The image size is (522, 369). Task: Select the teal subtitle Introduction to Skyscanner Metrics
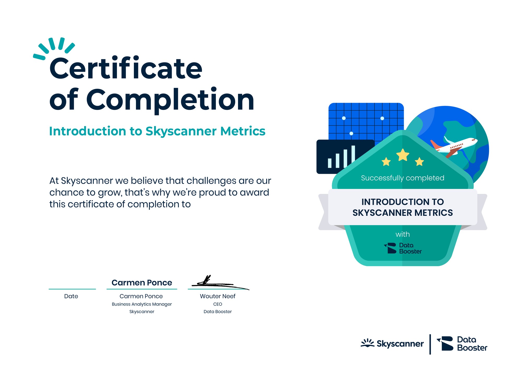[157, 131]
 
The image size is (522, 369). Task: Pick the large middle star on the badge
[403, 155]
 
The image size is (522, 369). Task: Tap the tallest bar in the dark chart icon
[353, 156]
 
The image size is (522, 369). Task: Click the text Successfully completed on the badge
[402, 178]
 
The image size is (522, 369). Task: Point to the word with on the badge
[402, 234]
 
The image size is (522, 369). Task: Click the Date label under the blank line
[71, 296]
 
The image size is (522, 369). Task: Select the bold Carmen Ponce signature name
[142, 283]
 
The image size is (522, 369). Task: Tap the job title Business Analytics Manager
[142, 304]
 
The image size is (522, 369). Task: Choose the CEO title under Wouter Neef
[218, 304]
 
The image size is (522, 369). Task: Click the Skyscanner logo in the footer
[392, 343]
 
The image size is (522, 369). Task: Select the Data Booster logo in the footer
[462, 344]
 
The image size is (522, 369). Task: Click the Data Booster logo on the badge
[403, 248]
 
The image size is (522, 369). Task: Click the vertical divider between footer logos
[430, 344]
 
